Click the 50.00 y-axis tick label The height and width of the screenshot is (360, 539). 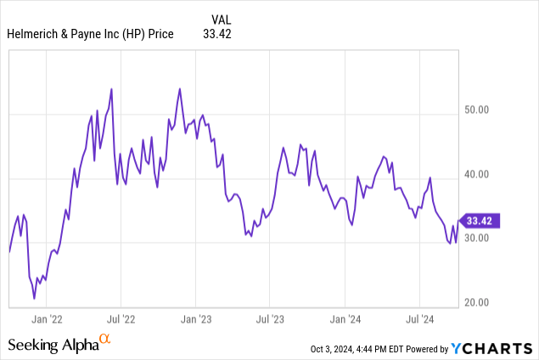[484, 110]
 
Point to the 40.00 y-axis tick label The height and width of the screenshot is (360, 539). [484, 176]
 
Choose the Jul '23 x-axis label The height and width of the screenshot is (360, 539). [270, 319]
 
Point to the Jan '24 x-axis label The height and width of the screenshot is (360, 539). [345, 319]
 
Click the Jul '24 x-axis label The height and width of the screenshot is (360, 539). [420, 319]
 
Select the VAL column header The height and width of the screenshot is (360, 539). [220, 18]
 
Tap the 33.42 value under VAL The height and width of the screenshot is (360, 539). [216, 34]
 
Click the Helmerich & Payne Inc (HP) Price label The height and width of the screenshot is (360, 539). [90, 34]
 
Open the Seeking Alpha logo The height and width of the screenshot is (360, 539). [53, 345]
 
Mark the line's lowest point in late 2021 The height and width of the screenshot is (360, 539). [35, 299]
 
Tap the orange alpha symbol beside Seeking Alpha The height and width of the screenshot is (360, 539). [105, 340]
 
